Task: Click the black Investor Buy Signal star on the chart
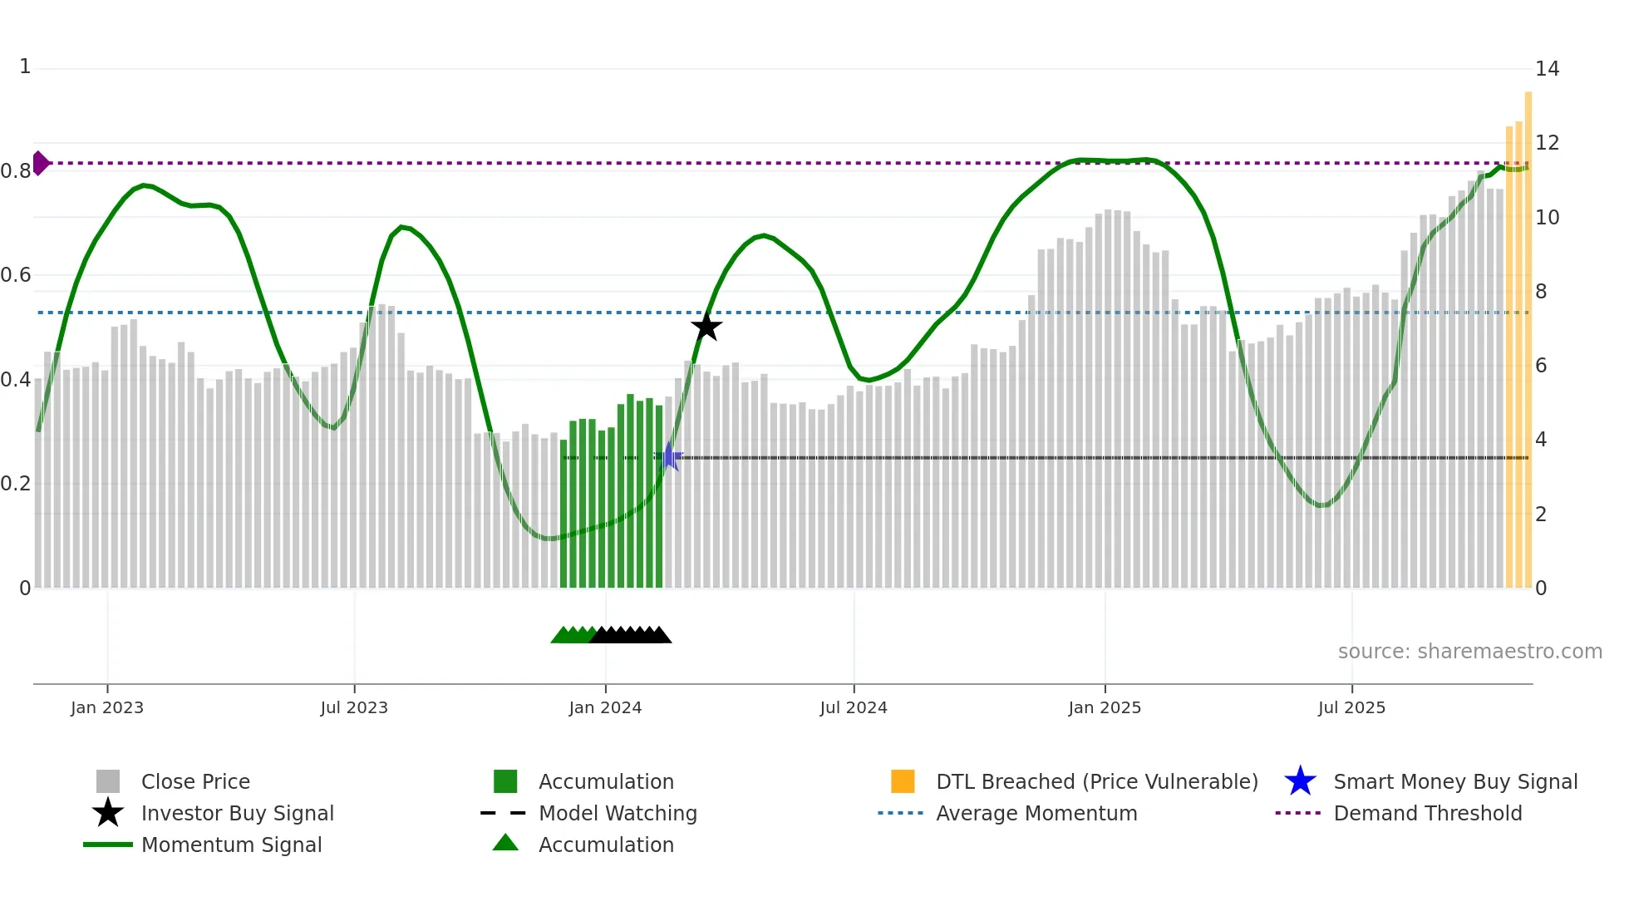706,327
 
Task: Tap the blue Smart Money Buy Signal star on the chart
669,456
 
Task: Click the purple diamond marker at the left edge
40,163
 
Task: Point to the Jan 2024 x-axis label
605,707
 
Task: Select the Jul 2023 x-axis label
354,707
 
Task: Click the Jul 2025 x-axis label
1351,707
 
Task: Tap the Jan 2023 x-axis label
107,707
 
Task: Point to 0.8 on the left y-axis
17,171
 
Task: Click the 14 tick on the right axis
1547,69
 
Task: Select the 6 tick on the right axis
1541,365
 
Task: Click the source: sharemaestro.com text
1469,652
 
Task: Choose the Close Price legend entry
195,781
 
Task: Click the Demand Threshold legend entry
1427,813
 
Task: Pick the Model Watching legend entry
618,813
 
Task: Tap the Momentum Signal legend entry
231,845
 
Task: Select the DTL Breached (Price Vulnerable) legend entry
1096,781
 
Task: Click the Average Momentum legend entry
1036,813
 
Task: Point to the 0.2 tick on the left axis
17,484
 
